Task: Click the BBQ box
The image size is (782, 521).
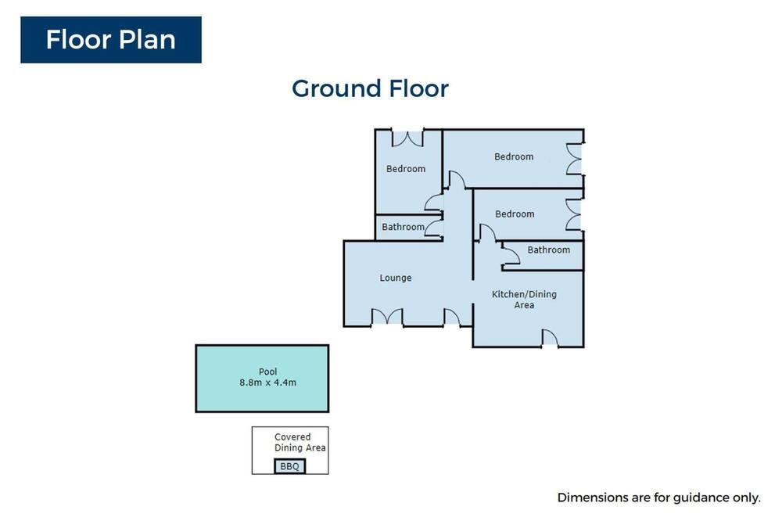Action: click(x=290, y=466)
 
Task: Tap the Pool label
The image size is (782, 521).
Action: click(x=267, y=372)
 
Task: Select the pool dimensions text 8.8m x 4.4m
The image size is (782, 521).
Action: click(x=267, y=383)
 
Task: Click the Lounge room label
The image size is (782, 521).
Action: click(x=396, y=278)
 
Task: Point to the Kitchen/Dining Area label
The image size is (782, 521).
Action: click(x=524, y=300)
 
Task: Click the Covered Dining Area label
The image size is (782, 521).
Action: click(x=300, y=442)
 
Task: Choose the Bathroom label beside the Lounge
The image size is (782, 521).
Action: click(x=403, y=227)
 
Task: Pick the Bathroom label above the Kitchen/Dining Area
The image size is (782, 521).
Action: click(x=549, y=250)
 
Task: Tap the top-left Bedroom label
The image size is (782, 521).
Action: click(x=405, y=169)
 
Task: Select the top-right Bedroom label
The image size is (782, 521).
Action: click(x=514, y=156)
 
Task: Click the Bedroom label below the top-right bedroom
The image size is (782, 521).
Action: click(x=515, y=214)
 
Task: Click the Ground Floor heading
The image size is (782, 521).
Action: click(x=370, y=89)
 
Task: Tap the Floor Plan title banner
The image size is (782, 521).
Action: click(x=111, y=40)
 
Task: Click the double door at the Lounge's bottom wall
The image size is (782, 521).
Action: click(x=388, y=316)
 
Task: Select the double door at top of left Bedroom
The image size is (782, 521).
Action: click(x=408, y=139)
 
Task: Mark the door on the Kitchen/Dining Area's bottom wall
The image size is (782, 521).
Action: click(x=550, y=338)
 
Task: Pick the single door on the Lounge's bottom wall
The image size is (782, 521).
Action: click(x=452, y=318)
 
